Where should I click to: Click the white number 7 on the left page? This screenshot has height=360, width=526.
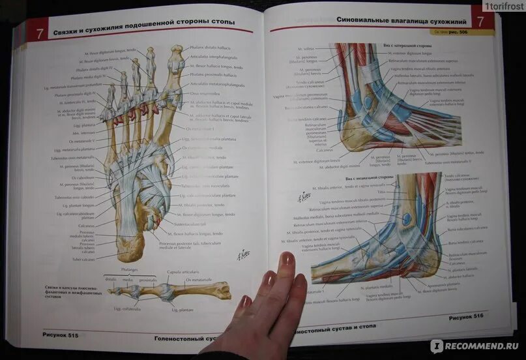40,34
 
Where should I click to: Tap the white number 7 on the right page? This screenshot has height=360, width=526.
480,22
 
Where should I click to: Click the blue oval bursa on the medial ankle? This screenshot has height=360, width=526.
406,219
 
